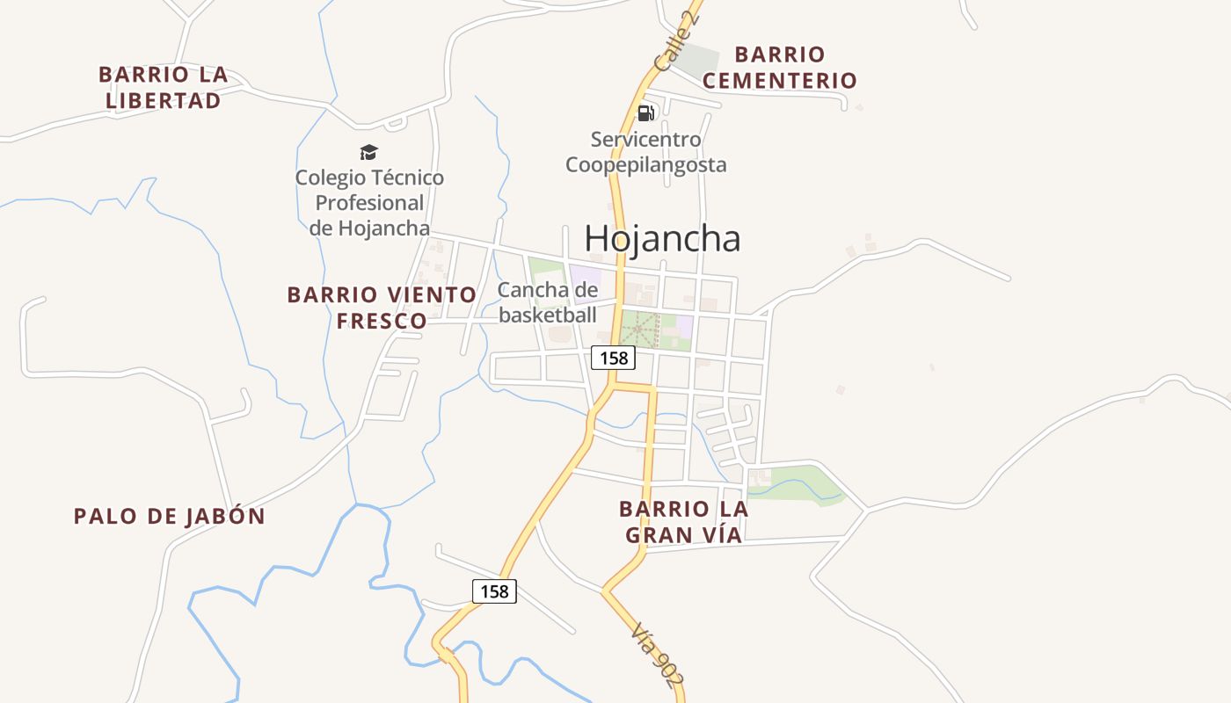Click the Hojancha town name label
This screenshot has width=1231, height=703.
tap(662, 238)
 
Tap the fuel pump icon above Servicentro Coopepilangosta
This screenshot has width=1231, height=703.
tap(645, 112)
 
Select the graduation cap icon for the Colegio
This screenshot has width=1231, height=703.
tap(368, 153)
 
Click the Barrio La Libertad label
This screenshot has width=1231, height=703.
tap(164, 87)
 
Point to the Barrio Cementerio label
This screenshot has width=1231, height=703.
tap(780, 68)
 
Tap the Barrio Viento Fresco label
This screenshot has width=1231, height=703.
tap(382, 307)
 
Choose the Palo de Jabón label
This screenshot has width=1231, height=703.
tap(170, 516)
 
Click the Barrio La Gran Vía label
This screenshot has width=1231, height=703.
tap(683, 521)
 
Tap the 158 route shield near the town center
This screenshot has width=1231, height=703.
tap(613, 358)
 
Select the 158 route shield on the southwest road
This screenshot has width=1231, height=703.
tap(494, 591)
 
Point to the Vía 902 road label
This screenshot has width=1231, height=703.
tap(658, 655)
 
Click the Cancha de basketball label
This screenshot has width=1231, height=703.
tap(548, 302)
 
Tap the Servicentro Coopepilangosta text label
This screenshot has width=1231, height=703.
tap(645, 152)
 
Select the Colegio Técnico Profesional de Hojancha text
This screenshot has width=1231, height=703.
tap(369, 203)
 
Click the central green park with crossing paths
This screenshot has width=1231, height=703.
tap(640, 330)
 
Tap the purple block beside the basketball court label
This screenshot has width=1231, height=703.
tap(585, 277)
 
